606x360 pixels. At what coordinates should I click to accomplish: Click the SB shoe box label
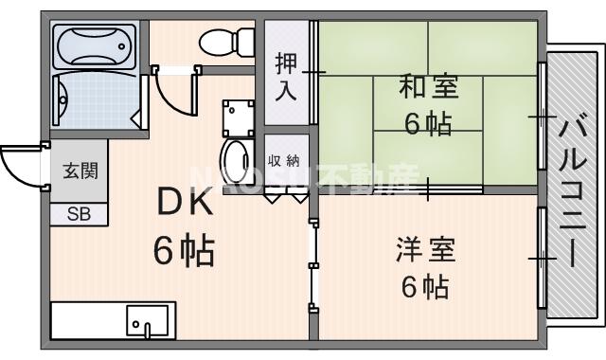click(79, 214)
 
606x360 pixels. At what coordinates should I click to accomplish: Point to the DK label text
click(185, 202)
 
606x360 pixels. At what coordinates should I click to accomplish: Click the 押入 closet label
click(286, 79)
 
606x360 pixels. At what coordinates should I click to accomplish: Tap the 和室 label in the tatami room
click(428, 88)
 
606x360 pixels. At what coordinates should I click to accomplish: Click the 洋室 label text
click(425, 251)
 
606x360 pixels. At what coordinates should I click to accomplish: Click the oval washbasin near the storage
click(233, 156)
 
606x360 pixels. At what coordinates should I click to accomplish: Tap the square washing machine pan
click(237, 117)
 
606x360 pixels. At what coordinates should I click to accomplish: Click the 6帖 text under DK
click(185, 251)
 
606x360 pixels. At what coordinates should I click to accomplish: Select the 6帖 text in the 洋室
click(425, 285)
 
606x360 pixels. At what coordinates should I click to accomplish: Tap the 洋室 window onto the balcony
click(543, 256)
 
